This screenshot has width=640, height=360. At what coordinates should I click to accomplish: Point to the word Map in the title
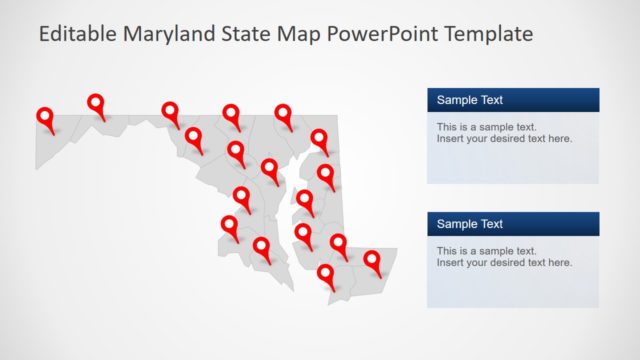point(299,35)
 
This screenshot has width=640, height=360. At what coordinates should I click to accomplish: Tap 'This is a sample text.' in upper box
point(486,127)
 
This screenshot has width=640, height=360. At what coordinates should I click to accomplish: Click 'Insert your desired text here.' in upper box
point(504,139)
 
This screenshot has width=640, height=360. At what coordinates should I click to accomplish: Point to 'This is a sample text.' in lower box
point(486,251)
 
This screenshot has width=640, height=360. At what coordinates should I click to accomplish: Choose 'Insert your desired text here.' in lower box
point(504,263)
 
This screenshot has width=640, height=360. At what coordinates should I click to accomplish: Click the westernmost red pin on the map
point(45,119)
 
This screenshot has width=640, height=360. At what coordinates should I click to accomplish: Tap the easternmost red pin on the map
point(373,262)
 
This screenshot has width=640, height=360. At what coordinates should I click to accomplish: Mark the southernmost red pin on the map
point(326,275)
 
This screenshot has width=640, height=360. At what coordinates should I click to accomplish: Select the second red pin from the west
point(96,104)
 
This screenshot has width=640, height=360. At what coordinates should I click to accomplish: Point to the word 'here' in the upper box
point(560,139)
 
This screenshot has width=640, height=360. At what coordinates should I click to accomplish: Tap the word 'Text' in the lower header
point(489,224)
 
